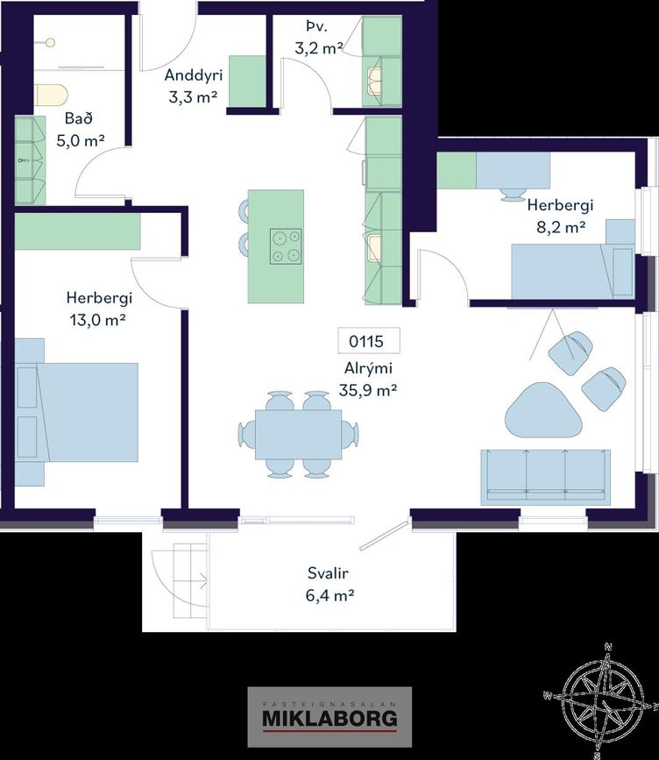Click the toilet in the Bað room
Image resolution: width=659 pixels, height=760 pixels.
click(51, 95)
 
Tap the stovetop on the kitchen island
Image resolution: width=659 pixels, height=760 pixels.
click(286, 246)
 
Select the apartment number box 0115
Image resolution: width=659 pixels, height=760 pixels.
click(369, 341)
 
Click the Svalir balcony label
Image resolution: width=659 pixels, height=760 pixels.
click(328, 573)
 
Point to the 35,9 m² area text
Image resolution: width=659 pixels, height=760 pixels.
click(368, 390)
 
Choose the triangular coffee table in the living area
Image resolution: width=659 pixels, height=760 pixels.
click(543, 409)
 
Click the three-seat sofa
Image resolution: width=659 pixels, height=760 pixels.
click(546, 478)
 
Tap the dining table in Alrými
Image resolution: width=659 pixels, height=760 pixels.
click(299, 434)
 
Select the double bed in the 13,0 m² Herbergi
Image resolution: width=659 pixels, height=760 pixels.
click(76, 412)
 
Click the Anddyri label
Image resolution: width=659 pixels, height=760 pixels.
click(194, 75)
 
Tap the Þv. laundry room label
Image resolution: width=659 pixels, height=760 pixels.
click(317, 27)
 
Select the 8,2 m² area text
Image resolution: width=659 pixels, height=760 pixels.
click(561, 227)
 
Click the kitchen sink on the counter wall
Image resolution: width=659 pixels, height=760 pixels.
click(374, 248)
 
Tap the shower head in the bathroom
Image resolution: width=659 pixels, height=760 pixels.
click(51, 43)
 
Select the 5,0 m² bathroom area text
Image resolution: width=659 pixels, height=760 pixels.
click(81, 141)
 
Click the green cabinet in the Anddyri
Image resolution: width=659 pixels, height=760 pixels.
click(247, 81)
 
